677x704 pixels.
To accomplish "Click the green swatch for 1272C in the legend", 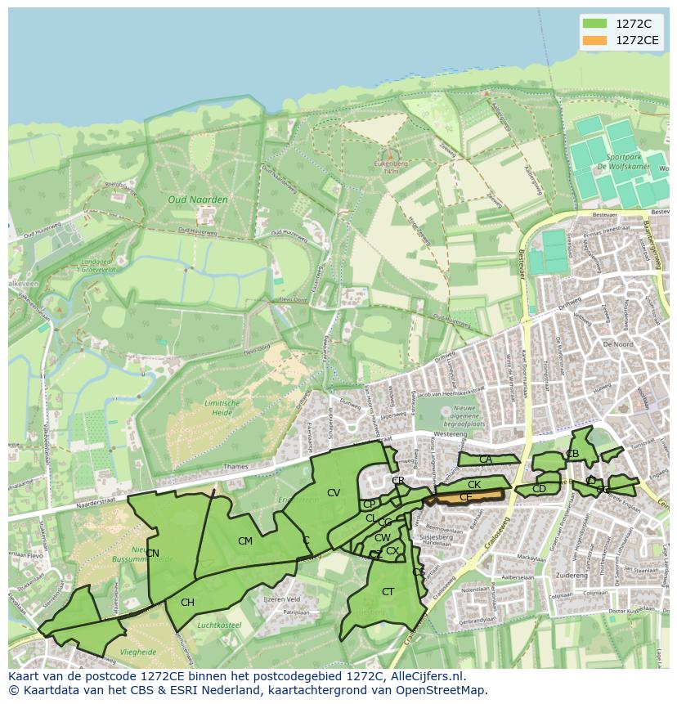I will [x=594, y=24].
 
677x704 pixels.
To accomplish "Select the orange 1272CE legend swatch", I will [x=594, y=40].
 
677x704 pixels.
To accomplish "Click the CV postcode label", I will [x=334, y=493].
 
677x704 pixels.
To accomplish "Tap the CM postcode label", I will [x=245, y=541].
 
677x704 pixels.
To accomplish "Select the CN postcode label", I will [x=152, y=554].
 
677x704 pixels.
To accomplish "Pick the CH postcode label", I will [x=187, y=603].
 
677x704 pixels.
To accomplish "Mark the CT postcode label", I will [x=388, y=592].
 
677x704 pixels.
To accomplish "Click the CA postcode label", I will [x=486, y=460].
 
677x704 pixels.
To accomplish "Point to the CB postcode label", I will [x=572, y=454].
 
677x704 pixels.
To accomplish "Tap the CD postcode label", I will [x=539, y=489].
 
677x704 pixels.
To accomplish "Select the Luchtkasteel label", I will [x=220, y=625].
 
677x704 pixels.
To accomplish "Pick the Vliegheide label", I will [x=138, y=652].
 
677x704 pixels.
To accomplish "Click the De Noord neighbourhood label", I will [x=617, y=345].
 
